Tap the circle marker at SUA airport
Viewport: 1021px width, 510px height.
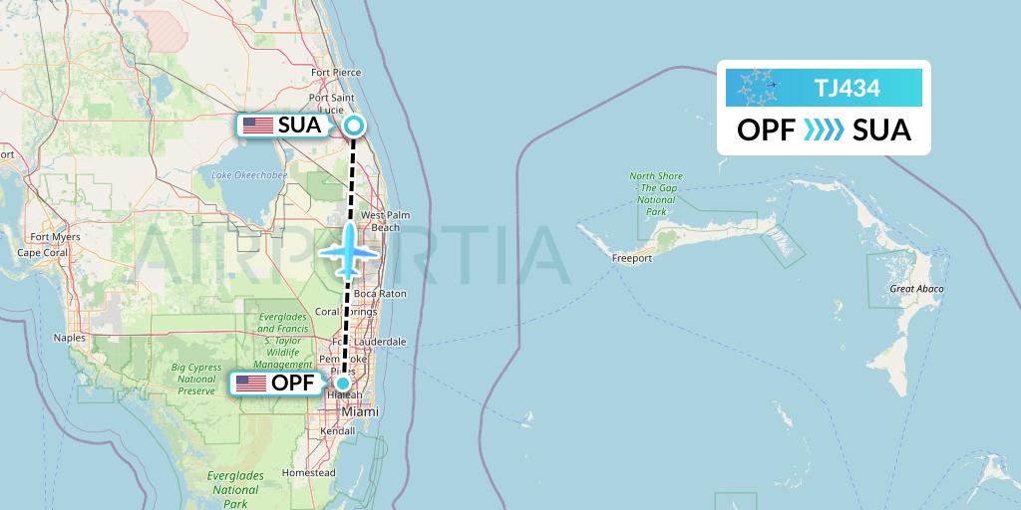(x=354, y=126)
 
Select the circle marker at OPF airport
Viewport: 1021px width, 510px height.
(x=342, y=383)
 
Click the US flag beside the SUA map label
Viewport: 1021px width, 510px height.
(x=257, y=126)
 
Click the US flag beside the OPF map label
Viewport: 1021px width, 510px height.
(x=250, y=383)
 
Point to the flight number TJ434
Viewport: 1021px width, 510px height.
(x=847, y=88)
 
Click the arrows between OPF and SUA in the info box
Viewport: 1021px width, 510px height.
(x=824, y=130)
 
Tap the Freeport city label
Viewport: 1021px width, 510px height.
(x=632, y=258)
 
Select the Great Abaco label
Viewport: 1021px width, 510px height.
(x=916, y=289)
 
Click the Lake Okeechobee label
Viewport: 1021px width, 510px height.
(x=249, y=175)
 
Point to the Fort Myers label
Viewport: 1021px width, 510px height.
(x=55, y=237)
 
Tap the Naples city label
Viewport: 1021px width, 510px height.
(x=70, y=338)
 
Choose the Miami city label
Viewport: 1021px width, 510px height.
(x=359, y=411)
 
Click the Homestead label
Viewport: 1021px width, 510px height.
(x=308, y=472)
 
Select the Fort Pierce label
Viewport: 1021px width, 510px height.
(x=335, y=73)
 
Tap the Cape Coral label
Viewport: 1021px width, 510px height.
(x=42, y=253)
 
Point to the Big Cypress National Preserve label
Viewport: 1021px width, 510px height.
(x=196, y=379)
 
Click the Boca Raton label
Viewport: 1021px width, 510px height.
(x=380, y=294)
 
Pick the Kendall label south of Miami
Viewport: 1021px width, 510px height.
(x=354, y=431)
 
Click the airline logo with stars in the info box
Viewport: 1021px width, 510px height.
(x=758, y=88)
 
